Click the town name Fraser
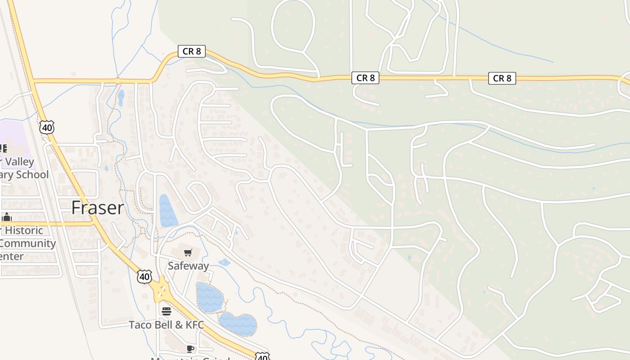(98, 208)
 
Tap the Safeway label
(188, 266)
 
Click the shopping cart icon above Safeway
(188, 253)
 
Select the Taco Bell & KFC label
(166, 324)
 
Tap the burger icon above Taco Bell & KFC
(166, 311)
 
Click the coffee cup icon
(190, 349)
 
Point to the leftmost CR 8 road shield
(192, 51)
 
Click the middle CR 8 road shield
(365, 78)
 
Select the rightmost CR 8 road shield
(502, 78)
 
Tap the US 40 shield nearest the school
(47, 127)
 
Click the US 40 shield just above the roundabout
(144, 276)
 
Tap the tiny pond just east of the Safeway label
(224, 262)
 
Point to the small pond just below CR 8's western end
(121, 97)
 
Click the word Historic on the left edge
(24, 230)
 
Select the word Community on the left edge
(28, 244)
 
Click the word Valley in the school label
(21, 162)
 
